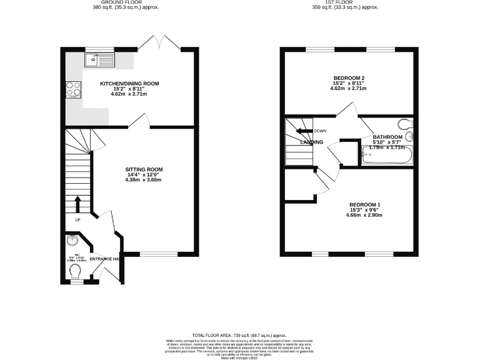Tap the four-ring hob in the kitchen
(72, 90)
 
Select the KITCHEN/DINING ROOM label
(129, 83)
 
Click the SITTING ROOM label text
(144, 169)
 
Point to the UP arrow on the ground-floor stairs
(78, 204)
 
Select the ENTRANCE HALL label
(104, 259)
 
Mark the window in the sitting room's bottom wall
(158, 254)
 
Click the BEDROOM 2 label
(349, 78)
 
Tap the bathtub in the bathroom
(386, 156)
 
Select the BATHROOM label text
(387, 137)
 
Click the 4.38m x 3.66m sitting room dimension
(143, 180)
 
